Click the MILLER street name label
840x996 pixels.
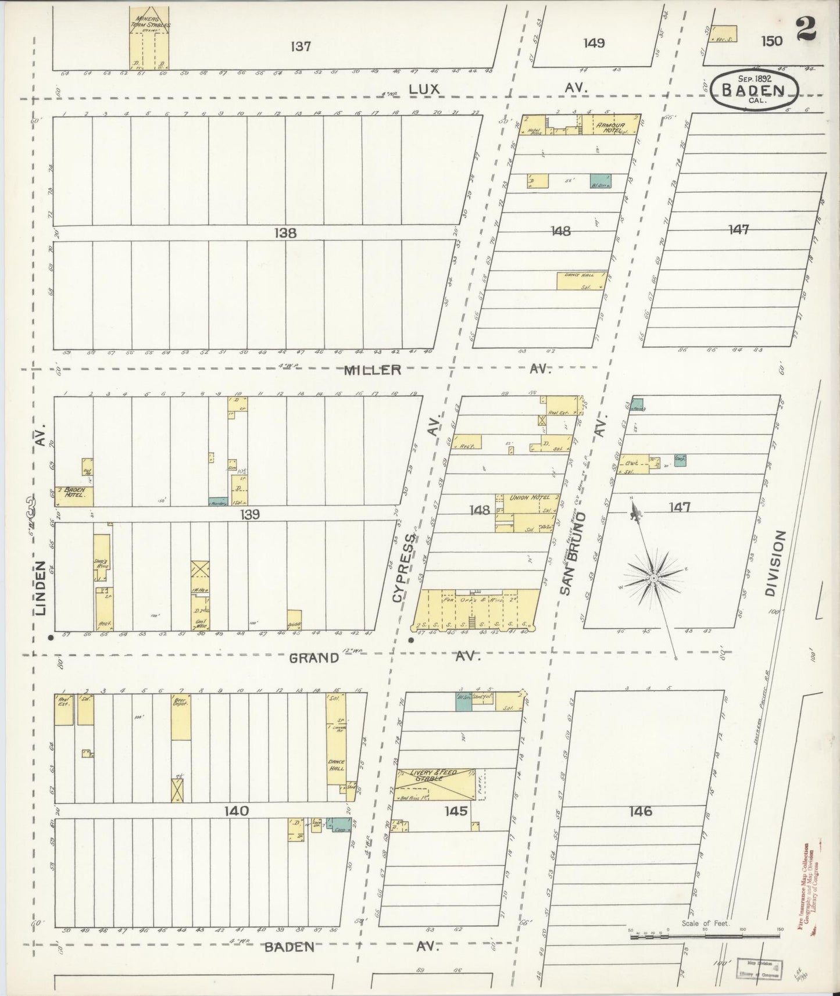(x=373, y=370)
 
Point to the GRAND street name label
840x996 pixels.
(x=314, y=658)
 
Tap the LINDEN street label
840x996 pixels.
(x=40, y=588)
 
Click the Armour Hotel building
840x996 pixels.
(x=610, y=124)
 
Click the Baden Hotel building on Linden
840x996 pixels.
(x=74, y=496)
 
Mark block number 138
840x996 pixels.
(x=285, y=233)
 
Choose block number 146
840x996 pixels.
(x=640, y=812)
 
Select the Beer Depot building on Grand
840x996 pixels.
(x=181, y=717)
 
